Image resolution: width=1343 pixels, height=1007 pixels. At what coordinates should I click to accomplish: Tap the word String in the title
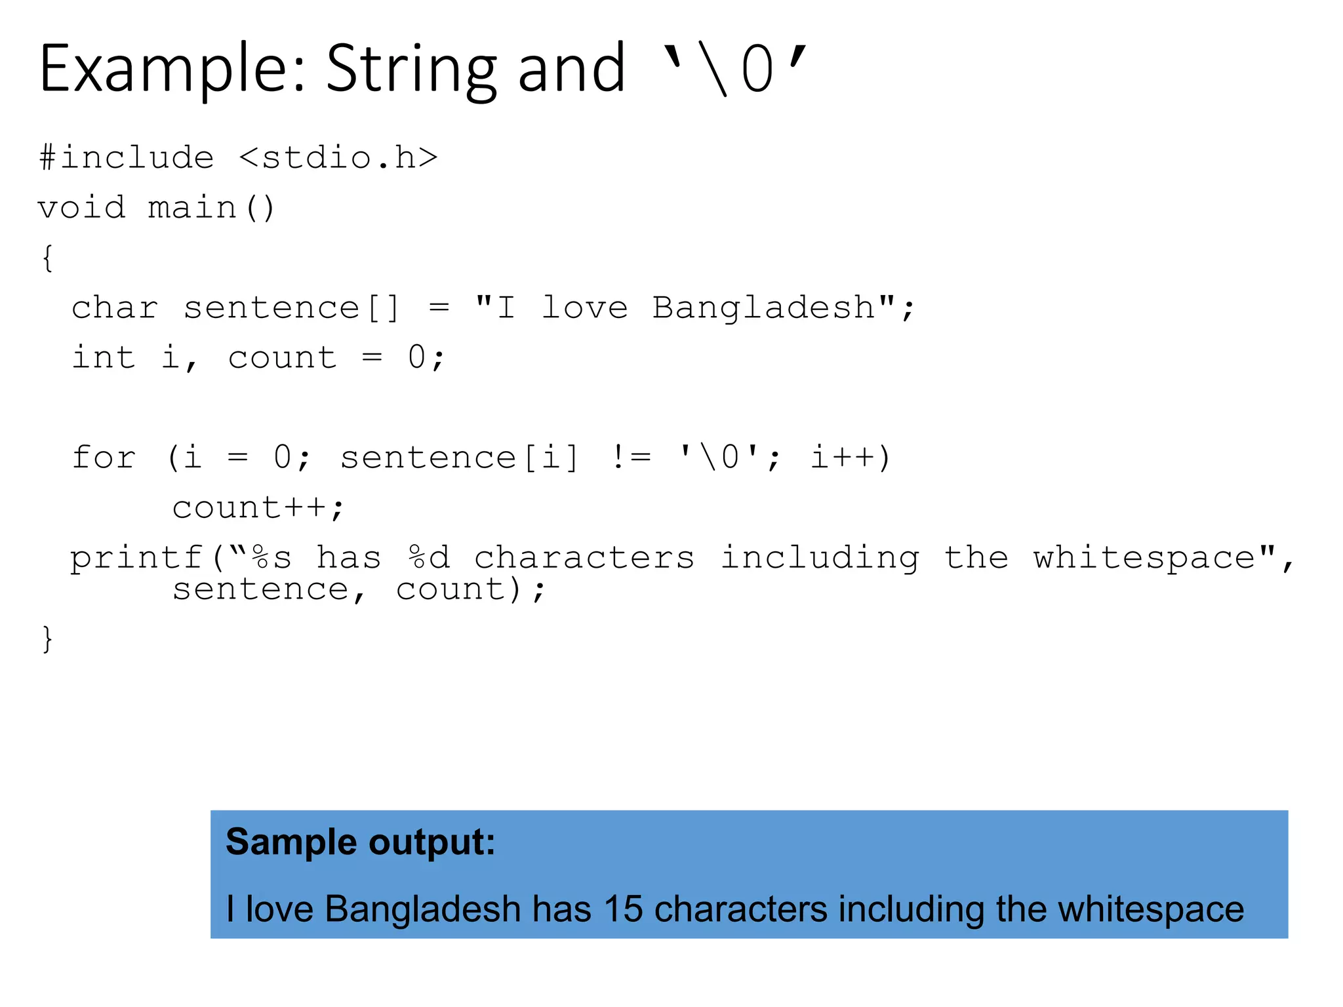pyautogui.click(x=411, y=69)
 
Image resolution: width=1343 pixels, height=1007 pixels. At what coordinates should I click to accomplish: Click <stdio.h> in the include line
pyautogui.click(x=338, y=158)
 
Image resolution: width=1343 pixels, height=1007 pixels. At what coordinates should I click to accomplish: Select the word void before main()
pyautogui.click(x=81, y=208)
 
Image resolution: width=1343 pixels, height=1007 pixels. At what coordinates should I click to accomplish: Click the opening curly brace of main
pyautogui.click(x=47, y=258)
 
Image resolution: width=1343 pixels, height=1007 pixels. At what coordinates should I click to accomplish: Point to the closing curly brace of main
pyautogui.click(x=47, y=639)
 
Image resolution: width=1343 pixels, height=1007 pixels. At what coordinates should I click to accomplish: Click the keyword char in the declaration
pyautogui.click(x=115, y=307)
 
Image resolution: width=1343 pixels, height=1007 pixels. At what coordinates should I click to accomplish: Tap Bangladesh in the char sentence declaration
pyautogui.click(x=764, y=307)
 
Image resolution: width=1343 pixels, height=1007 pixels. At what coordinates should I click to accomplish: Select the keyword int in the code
pyautogui.click(x=104, y=357)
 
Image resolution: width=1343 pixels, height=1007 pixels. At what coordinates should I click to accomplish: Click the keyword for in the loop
pyautogui.click(x=104, y=457)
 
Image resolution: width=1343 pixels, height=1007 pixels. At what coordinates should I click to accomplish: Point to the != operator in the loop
pyautogui.click(x=631, y=457)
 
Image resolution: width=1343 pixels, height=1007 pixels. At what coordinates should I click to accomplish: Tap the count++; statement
pyautogui.click(x=258, y=507)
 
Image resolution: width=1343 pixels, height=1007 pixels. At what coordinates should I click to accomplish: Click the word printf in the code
pyautogui.click(x=136, y=558)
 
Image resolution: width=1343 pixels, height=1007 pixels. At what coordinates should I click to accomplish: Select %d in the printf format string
pyautogui.click(x=429, y=558)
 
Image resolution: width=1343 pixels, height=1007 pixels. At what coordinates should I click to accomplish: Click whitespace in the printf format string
pyautogui.click(x=1144, y=558)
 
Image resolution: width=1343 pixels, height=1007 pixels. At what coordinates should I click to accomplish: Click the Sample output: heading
pyautogui.click(x=361, y=842)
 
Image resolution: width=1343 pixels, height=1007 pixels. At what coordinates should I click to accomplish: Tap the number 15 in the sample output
pyautogui.click(x=623, y=909)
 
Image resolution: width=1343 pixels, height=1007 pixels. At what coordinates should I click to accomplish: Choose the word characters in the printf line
pyautogui.click(x=584, y=558)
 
